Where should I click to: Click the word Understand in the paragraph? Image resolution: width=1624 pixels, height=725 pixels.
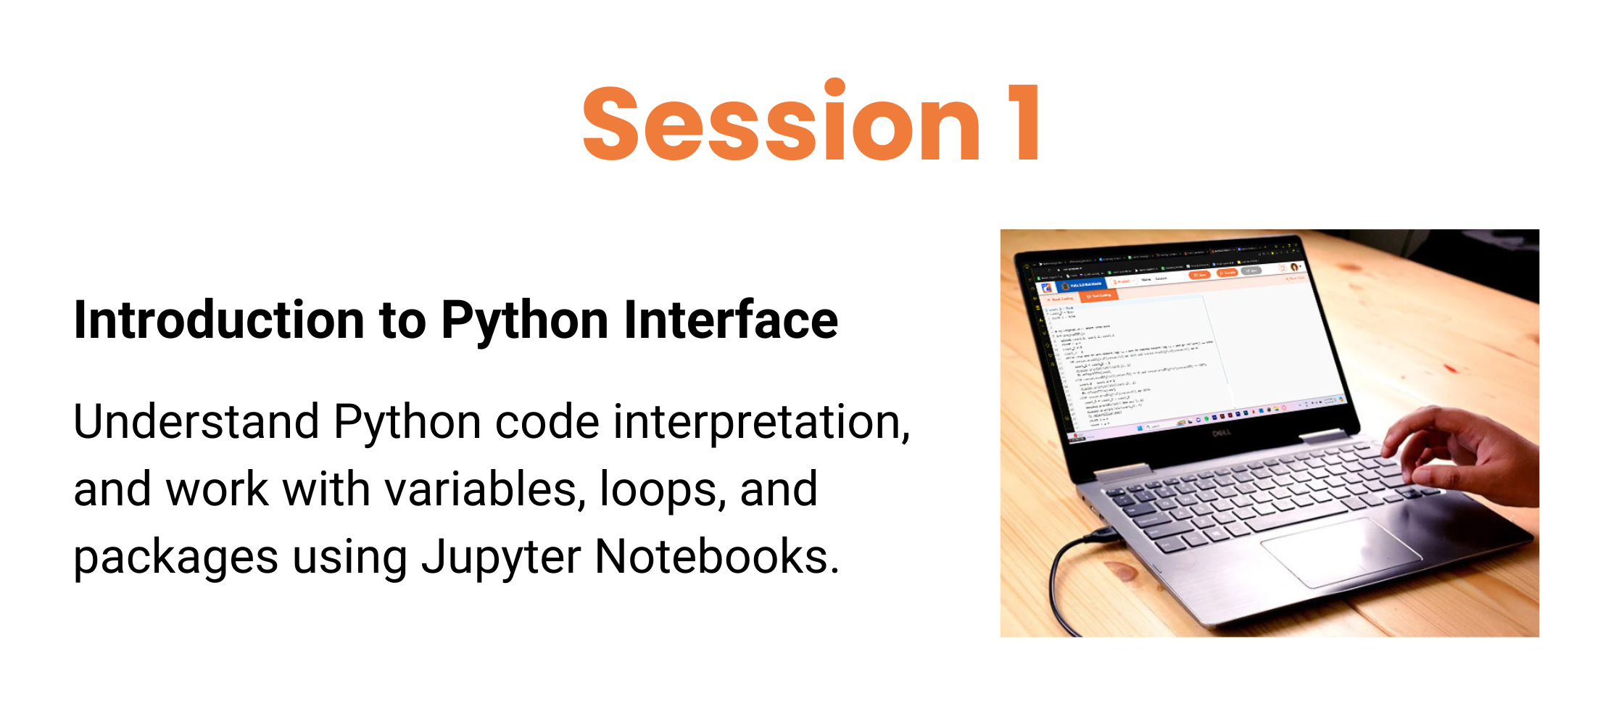pyautogui.click(x=196, y=422)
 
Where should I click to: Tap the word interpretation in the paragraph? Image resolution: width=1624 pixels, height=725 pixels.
pyautogui.click(x=761, y=423)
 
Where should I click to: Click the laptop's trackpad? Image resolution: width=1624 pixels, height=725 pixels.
pyautogui.click(x=1341, y=551)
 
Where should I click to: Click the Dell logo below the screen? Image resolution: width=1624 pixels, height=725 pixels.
pyautogui.click(x=1222, y=433)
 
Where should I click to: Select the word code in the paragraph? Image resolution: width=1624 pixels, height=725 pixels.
pyautogui.click(x=547, y=422)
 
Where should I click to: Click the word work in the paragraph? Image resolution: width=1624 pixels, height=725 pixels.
pyautogui.click(x=217, y=489)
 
